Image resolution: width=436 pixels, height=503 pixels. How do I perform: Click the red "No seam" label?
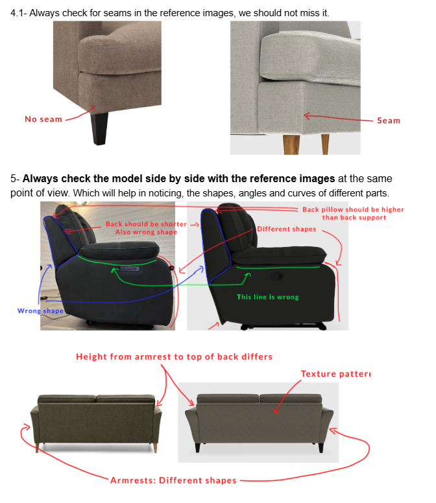click(43, 119)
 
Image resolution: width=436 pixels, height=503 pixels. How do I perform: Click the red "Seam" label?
click(389, 121)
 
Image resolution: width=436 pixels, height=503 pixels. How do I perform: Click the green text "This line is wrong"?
click(268, 297)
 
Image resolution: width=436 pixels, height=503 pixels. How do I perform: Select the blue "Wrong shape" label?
click(40, 311)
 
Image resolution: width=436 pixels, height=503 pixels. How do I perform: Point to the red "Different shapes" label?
click(286, 229)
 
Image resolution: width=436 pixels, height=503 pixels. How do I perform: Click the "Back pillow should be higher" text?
click(353, 209)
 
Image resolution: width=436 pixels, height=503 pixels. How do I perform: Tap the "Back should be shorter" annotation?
click(146, 224)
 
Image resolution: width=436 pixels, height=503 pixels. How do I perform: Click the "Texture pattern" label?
click(336, 374)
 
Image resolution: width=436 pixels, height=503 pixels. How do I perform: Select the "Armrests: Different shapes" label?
click(173, 480)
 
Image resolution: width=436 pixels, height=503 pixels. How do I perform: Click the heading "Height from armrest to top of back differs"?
click(174, 357)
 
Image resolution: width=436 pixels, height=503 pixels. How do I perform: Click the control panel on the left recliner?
click(130, 268)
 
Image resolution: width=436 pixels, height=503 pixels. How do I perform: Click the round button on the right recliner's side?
click(277, 276)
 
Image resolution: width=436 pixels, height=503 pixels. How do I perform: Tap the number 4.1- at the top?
click(19, 13)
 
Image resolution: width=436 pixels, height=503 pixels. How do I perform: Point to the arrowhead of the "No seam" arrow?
click(93, 108)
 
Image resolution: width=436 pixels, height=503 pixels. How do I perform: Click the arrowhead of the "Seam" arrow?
click(306, 116)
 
